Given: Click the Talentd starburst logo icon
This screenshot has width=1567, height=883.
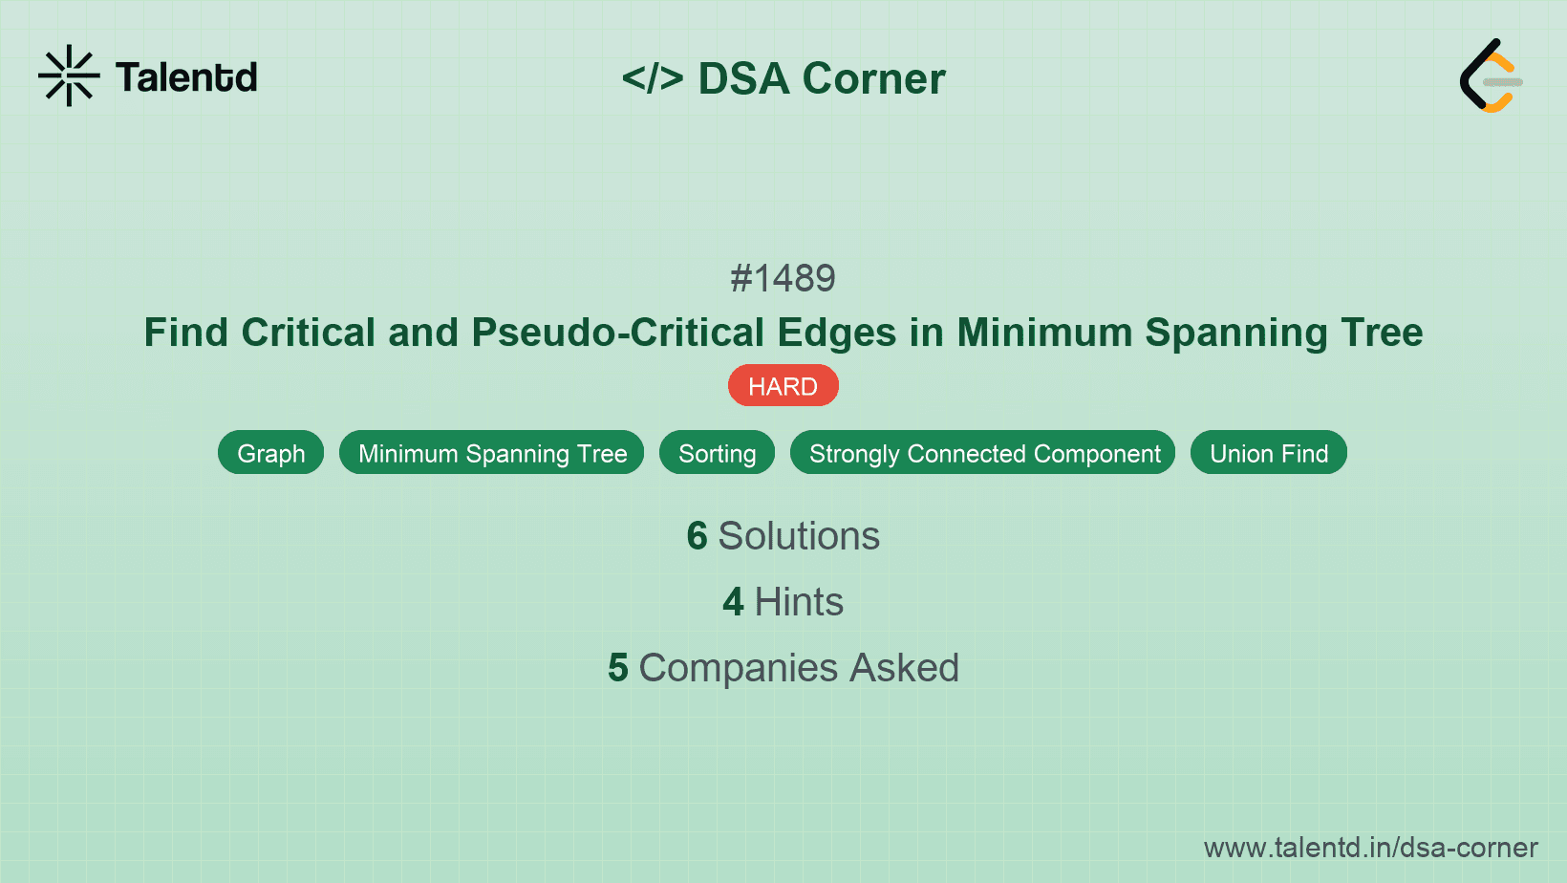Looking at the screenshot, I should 69,75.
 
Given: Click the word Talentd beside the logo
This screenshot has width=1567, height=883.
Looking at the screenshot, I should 186,77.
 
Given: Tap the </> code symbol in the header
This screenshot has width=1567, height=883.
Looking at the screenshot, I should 653,78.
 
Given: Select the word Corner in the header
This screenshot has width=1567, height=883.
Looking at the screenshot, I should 873,78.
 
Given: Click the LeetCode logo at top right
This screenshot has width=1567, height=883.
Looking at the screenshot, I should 1490,75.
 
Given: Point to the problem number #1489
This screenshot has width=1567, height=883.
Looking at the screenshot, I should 783,278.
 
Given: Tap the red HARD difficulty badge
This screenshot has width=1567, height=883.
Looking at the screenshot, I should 783,386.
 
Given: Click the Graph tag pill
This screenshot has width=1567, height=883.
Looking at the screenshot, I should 270,453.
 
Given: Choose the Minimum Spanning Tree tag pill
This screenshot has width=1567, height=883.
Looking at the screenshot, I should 492,453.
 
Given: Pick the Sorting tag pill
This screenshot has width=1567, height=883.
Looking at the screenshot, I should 717,453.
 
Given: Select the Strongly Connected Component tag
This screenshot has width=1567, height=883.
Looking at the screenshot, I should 983,453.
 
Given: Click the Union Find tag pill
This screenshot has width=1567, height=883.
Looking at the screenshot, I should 1268,453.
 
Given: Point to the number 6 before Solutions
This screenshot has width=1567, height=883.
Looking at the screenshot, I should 697,536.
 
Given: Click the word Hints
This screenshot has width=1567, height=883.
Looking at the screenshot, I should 799,602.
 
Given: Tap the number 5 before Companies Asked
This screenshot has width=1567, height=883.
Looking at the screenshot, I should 617,668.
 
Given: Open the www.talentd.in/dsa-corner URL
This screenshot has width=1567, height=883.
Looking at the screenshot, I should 1370,848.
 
